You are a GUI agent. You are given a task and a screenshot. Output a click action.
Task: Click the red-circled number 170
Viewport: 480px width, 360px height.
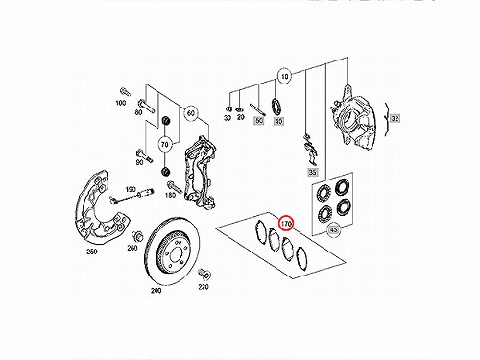point(286,223)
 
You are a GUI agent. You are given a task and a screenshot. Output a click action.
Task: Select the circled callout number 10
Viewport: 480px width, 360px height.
point(284,77)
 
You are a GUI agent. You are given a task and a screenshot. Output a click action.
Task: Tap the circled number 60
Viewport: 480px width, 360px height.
point(191,113)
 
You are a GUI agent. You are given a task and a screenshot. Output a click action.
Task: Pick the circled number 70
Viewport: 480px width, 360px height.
point(164,145)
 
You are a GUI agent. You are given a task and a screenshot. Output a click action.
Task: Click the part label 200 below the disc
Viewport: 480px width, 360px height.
point(156,291)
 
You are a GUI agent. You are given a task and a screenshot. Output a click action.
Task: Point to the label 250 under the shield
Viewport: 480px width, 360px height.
point(92,252)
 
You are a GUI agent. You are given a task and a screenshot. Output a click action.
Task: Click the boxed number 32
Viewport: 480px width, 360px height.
point(396,118)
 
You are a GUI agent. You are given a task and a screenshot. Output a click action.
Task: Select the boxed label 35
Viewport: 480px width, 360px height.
point(312,172)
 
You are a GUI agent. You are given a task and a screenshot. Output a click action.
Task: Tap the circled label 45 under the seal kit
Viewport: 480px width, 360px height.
point(334,229)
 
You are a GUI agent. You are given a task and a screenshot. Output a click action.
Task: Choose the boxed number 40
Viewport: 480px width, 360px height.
point(278,121)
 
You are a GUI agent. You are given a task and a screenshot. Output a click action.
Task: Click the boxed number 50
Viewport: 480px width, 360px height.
point(259,121)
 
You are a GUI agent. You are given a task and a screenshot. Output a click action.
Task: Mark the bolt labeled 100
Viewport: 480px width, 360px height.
point(125,91)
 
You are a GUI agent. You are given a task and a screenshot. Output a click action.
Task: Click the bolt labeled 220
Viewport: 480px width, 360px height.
point(204,275)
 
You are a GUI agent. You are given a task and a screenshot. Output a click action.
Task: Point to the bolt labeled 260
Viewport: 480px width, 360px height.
point(137,237)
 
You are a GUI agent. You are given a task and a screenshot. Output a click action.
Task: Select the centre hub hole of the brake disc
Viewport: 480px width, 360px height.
point(175,255)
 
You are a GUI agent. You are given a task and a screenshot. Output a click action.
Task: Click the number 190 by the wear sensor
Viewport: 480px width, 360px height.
point(131,189)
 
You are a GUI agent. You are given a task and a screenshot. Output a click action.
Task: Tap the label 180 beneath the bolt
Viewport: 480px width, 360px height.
point(170,195)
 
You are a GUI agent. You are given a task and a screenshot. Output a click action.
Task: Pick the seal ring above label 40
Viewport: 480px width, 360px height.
point(276,107)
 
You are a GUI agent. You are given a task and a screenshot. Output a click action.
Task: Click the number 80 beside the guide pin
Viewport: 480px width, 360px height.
point(138,112)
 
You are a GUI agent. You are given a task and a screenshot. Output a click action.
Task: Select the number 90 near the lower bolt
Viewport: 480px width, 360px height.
point(139,162)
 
